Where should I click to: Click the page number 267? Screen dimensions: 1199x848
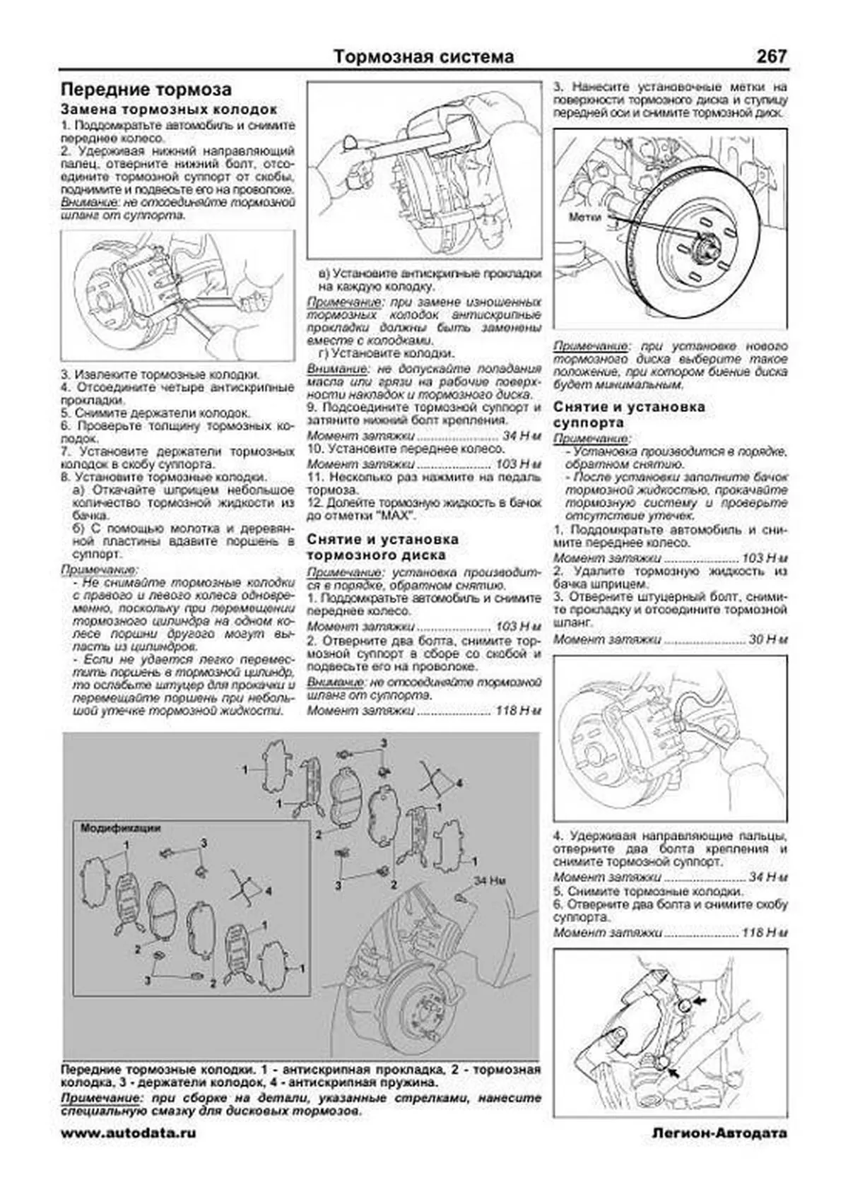click(771, 56)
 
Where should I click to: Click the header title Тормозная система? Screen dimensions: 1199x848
click(423, 57)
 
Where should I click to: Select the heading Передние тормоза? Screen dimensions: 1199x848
click(146, 90)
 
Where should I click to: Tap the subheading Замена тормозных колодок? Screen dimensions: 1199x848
click(169, 110)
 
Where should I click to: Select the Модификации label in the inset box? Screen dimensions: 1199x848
click(120, 827)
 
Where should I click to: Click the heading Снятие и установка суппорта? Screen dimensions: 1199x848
click(629, 414)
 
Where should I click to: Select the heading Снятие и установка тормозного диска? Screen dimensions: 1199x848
click(382, 547)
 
